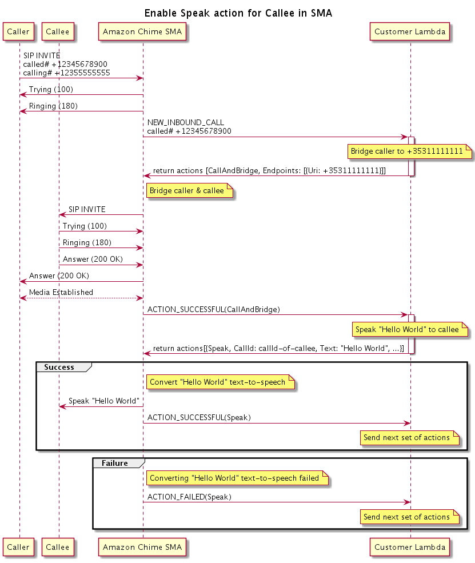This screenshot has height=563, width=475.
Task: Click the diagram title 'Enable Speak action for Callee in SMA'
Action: click(238, 13)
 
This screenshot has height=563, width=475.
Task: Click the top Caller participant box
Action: click(18, 32)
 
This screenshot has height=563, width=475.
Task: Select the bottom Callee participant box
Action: click(58, 547)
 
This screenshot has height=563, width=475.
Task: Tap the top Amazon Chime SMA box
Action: click(142, 32)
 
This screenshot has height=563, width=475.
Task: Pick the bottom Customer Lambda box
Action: click(409, 547)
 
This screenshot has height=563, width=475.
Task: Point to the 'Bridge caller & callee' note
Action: click(190, 191)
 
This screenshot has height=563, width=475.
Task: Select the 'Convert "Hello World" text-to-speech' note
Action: click(219, 382)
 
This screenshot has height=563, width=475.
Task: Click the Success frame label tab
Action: click(59, 367)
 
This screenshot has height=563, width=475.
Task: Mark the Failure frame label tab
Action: click(115, 463)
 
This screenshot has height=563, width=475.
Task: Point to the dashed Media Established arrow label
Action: click(61, 292)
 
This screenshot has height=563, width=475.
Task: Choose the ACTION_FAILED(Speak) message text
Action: click(189, 497)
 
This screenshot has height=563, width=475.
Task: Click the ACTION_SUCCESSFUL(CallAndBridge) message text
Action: click(213, 309)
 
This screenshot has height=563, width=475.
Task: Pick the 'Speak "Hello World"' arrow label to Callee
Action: click(103, 401)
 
